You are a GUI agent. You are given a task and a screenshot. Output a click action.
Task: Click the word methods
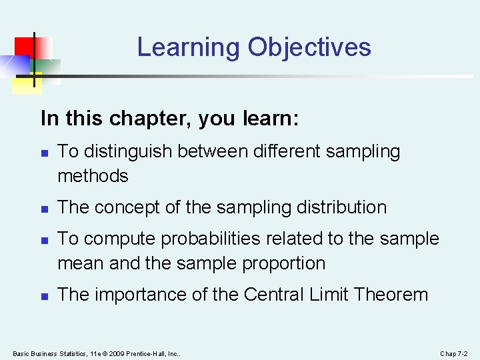tap(93, 176)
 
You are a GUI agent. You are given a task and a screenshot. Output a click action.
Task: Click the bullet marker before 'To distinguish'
tap(44, 153)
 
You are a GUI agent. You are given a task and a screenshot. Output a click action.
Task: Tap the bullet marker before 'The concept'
tap(44, 208)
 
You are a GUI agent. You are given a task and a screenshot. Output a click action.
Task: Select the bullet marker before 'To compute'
tap(44, 239)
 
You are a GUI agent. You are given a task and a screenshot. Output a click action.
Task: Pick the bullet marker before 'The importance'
tap(44, 295)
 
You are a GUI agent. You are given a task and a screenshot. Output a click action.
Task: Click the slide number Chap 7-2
tap(454, 353)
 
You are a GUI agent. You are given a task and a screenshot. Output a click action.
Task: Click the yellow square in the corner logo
tap(27, 81)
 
